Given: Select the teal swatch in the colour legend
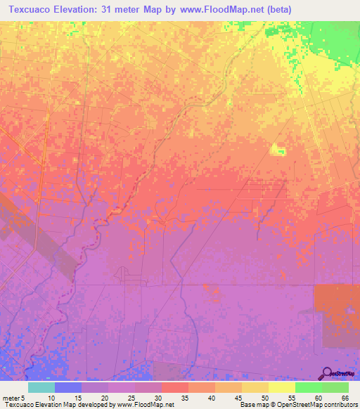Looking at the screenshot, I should (41, 387).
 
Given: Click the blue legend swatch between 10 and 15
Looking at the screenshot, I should (68, 387).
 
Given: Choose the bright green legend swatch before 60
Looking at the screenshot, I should (308, 387).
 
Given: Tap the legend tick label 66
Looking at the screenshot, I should (344, 397).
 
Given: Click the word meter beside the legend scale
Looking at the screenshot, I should (10, 397).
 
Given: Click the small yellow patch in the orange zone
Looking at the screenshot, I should (278, 148).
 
